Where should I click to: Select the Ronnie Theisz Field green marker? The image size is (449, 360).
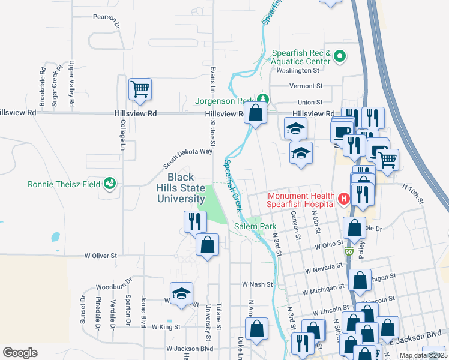click(x=109, y=182)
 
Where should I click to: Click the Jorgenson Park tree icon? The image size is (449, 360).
click(x=261, y=99)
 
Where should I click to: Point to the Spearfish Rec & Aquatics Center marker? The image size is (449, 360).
click(x=339, y=57)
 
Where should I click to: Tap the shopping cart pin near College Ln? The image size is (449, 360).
click(x=140, y=90)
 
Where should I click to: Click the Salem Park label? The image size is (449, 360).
click(x=254, y=226)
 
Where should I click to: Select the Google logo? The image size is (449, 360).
click(x=20, y=353)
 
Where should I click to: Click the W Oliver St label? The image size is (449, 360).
click(x=100, y=256)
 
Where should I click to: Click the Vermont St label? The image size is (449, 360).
click(x=306, y=86)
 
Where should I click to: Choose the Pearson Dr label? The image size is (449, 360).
click(x=107, y=17)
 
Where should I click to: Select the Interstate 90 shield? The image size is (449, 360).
click(x=349, y=253)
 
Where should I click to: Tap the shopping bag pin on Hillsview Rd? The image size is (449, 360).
click(x=256, y=113)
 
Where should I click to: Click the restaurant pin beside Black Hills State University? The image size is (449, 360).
click(x=195, y=222)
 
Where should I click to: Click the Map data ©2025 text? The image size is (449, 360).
click(x=423, y=355)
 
